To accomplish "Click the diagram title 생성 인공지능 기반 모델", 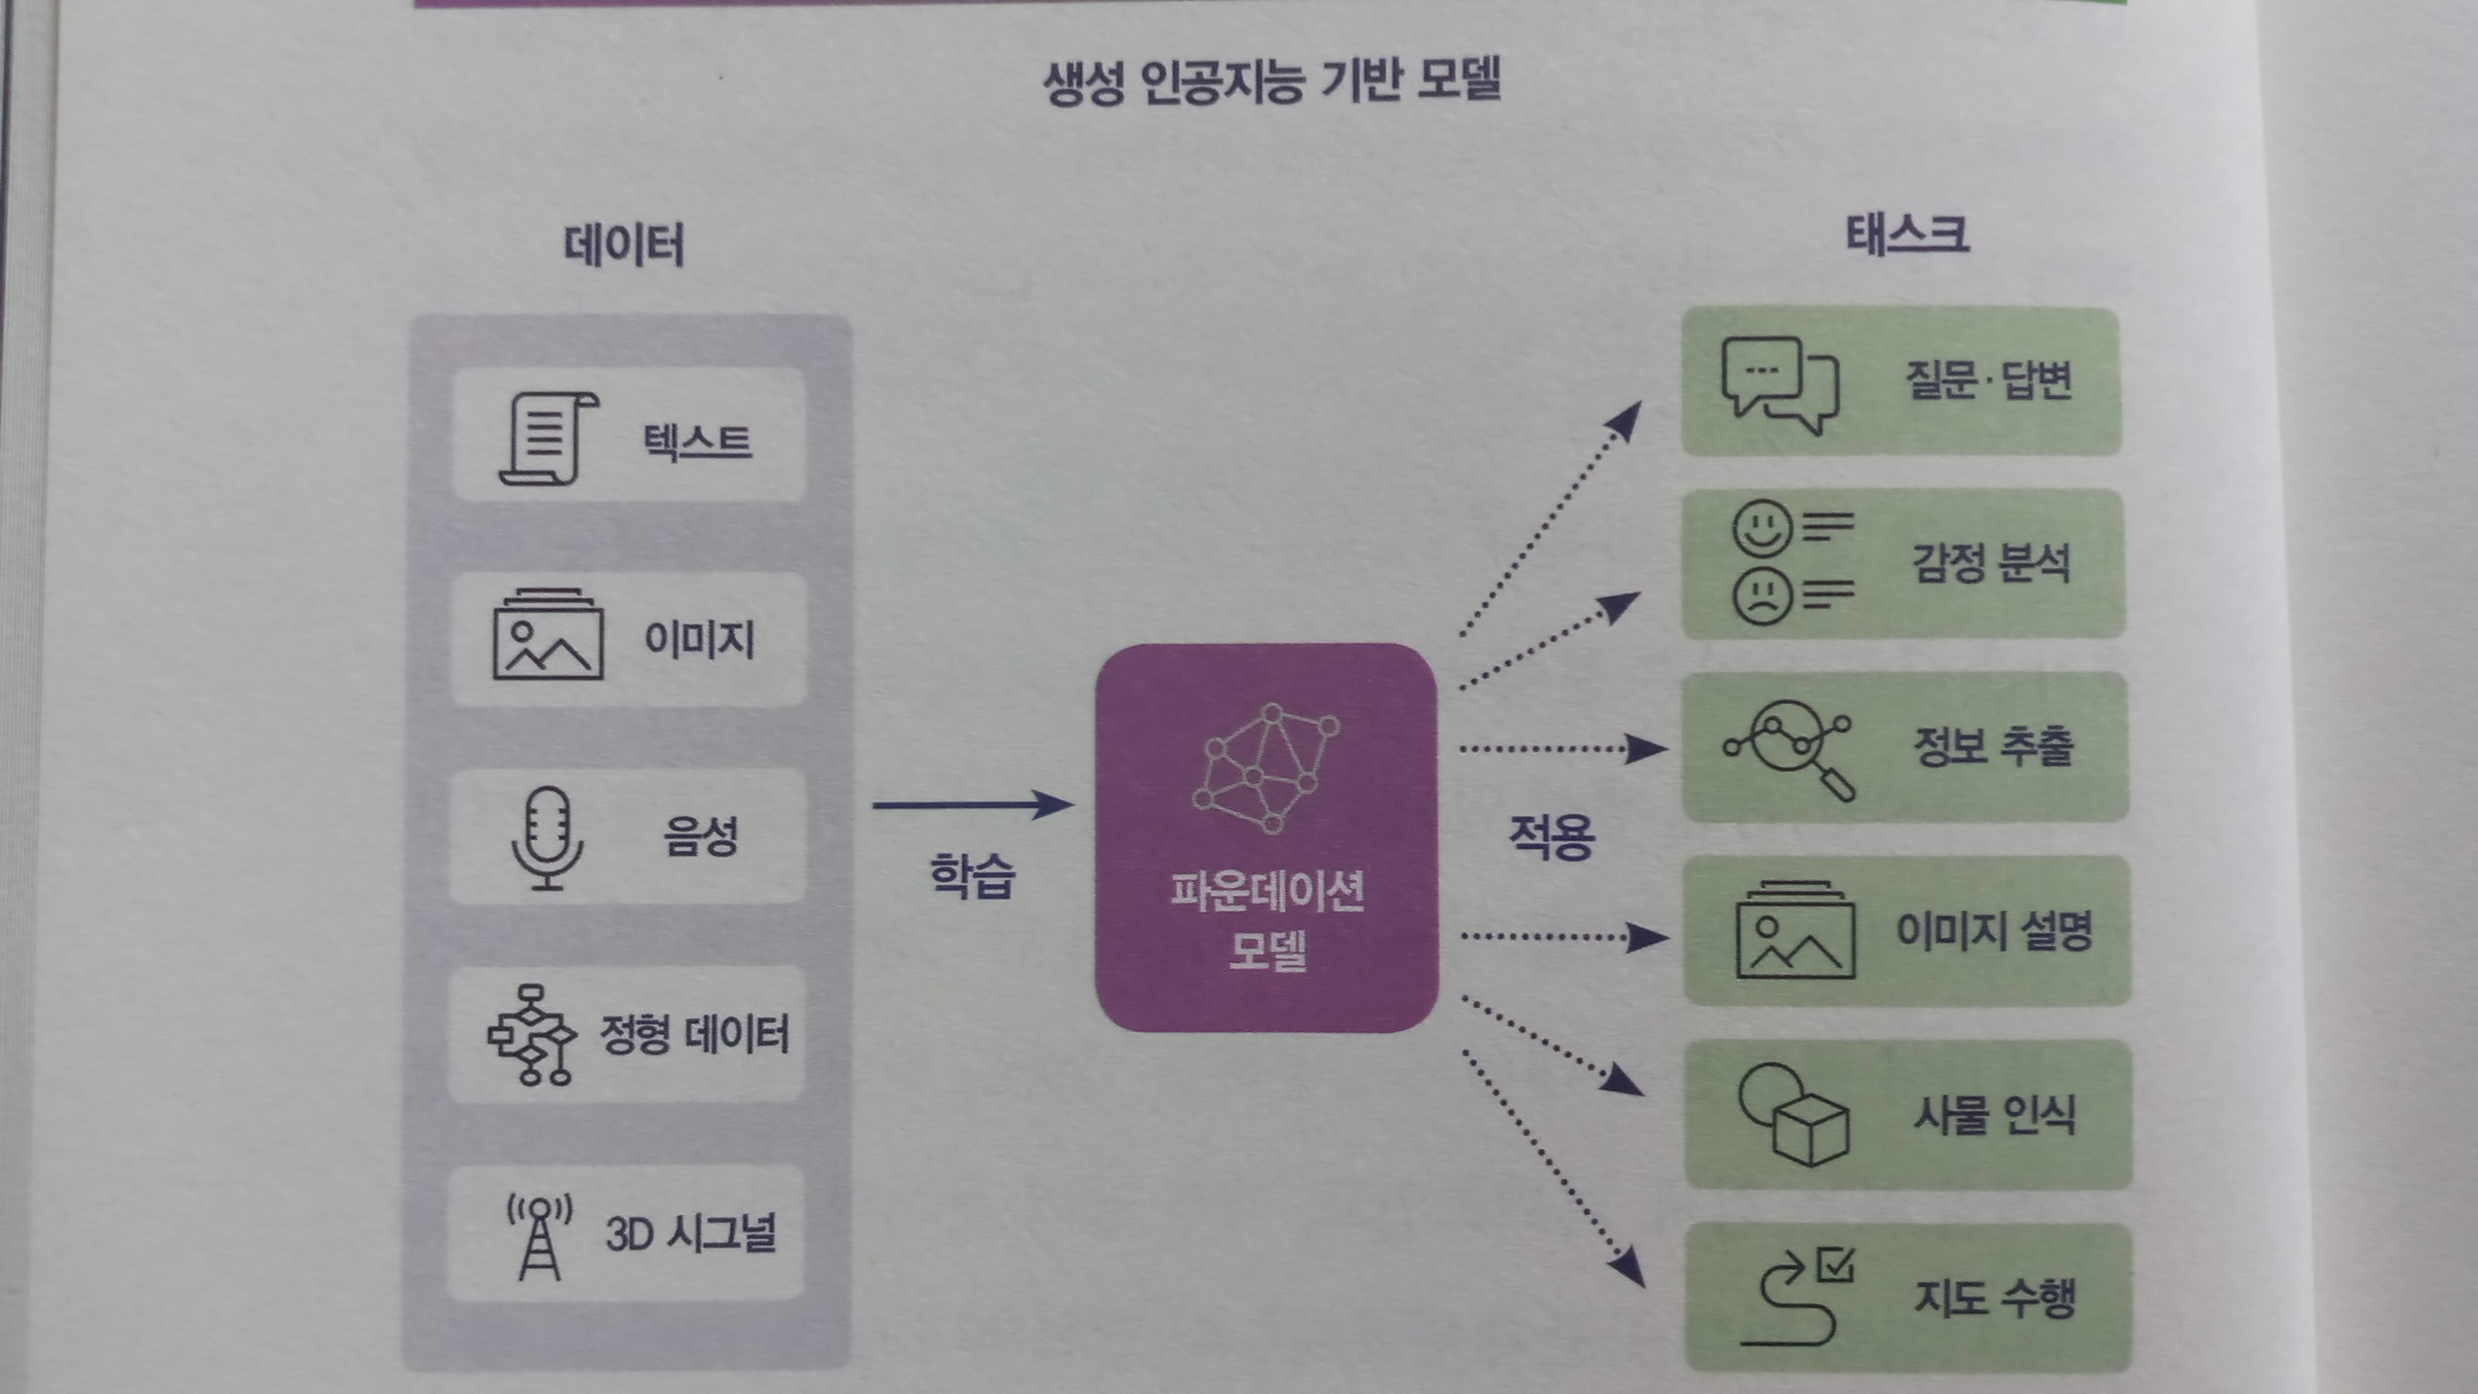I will coord(1271,81).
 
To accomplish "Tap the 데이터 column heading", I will coord(624,245).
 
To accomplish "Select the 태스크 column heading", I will coord(1907,235).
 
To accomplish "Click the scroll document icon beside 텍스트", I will coord(547,438).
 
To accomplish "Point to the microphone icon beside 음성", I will coord(547,837).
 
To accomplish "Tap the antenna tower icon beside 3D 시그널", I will coord(539,1235).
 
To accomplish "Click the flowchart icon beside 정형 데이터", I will coord(530,1034).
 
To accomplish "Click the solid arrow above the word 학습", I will coord(973,804).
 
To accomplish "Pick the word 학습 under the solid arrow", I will coord(972,876).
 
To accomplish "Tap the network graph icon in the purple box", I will coord(1266,769).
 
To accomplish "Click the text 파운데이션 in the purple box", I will coord(1267,892).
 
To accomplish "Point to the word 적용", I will coord(1551,836).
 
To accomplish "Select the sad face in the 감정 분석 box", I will coord(1762,595).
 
